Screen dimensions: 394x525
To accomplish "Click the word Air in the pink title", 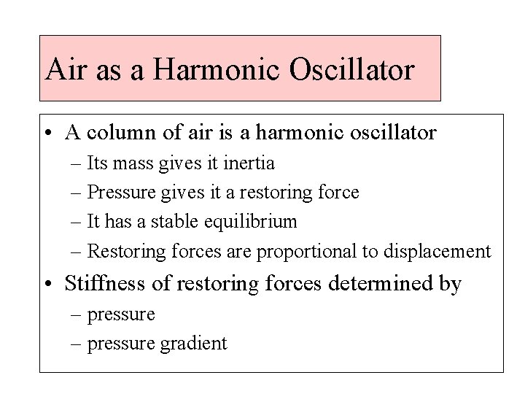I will coord(61,69).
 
